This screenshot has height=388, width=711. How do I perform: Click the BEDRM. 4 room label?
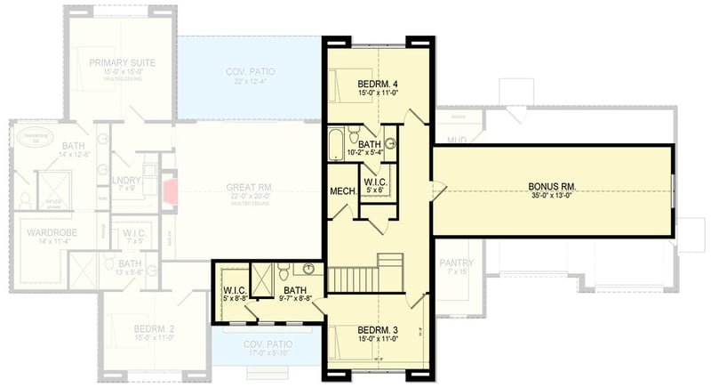(378, 83)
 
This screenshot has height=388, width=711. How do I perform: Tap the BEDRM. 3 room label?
(378, 328)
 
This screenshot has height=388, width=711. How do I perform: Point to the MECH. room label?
(342, 190)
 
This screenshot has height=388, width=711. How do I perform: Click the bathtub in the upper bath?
(337, 142)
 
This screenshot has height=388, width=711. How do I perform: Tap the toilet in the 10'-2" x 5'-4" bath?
(354, 138)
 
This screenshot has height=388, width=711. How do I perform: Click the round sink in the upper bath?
(389, 143)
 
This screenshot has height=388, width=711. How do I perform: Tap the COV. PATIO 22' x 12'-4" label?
(249, 75)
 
